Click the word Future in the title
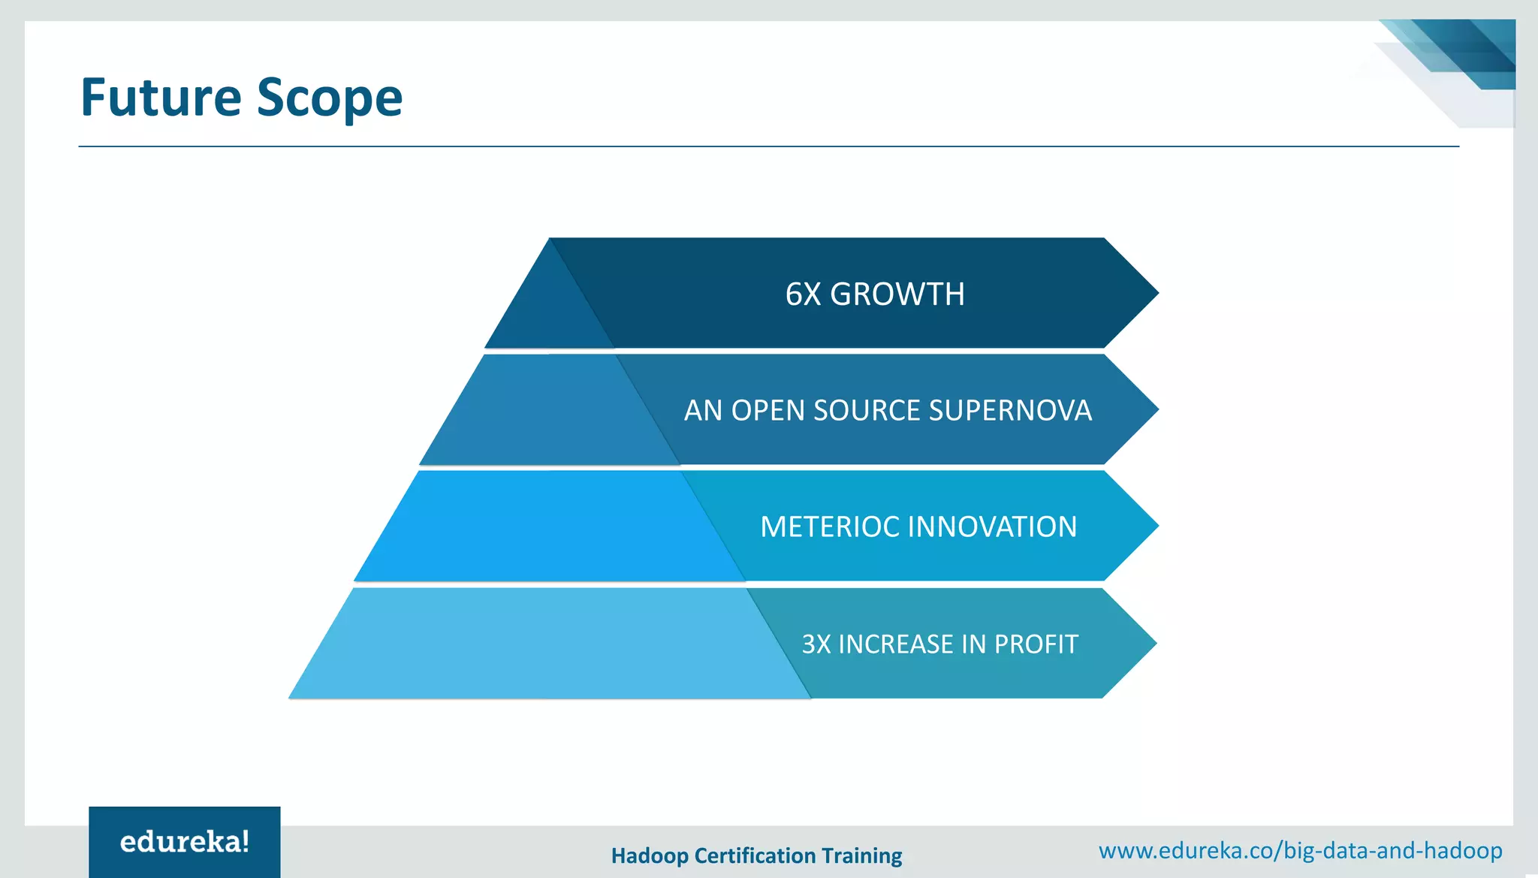point(161,98)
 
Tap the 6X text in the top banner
point(803,294)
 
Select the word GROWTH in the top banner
point(897,294)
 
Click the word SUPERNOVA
point(1010,411)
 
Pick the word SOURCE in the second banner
point(867,411)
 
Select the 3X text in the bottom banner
point(816,644)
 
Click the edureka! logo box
point(185,842)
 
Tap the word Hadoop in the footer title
point(650,856)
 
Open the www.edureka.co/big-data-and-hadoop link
point(1300,851)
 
